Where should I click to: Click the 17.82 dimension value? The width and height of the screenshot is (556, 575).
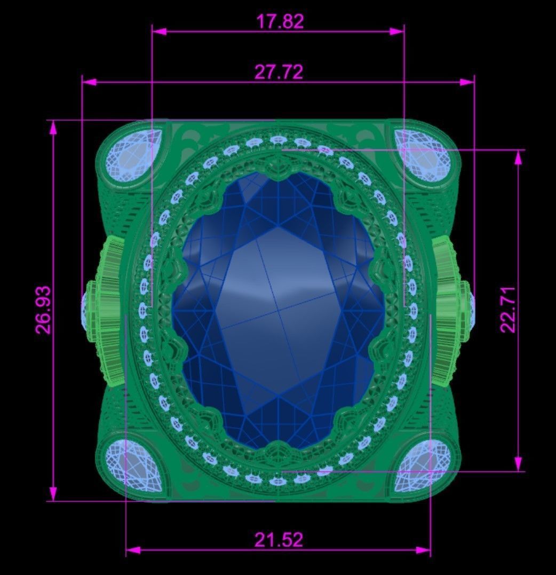tap(280, 22)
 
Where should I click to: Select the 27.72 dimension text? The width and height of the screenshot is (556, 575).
tap(279, 72)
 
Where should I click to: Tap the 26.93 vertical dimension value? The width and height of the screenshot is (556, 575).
tap(44, 310)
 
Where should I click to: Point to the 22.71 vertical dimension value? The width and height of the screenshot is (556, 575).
tap(508, 310)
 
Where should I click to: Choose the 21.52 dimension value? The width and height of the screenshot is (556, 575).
tap(278, 540)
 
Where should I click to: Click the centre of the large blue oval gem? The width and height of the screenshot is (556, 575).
tap(278, 310)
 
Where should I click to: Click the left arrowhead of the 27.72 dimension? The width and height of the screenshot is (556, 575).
tap(89, 82)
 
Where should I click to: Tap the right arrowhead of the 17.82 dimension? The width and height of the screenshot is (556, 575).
tap(398, 31)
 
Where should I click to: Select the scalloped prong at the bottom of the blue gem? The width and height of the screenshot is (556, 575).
tap(278, 452)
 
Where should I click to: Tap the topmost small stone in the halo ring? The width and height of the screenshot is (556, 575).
tap(277, 140)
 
